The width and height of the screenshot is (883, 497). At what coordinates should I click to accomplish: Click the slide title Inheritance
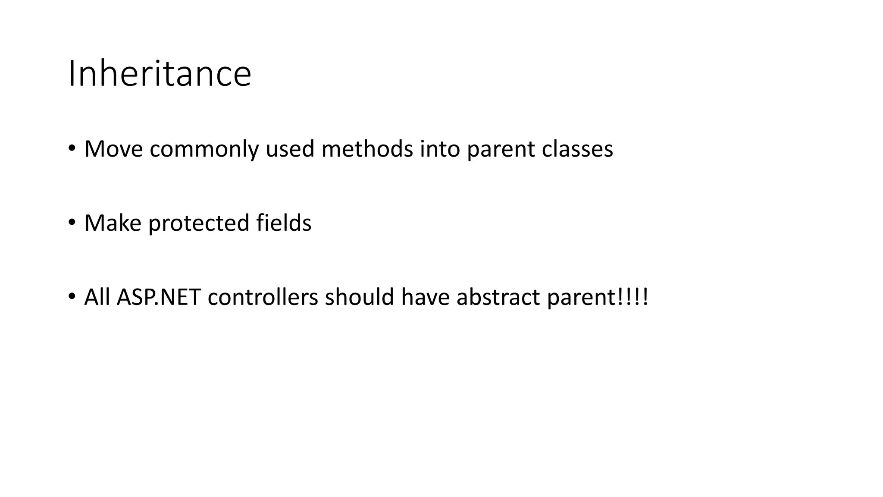[x=160, y=74]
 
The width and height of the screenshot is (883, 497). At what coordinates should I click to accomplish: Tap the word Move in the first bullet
[x=113, y=149]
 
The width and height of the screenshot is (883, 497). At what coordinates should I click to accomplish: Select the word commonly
[x=204, y=150]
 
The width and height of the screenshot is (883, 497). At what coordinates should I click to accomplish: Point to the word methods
[x=367, y=149]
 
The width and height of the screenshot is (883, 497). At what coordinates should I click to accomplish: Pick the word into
[x=440, y=149]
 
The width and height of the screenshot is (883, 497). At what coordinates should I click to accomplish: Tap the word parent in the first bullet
[x=501, y=150]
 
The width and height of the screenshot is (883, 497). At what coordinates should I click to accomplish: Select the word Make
[x=113, y=223]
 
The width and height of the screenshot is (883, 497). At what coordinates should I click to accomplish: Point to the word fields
[x=283, y=223]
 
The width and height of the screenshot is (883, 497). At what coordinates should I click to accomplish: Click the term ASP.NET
[x=159, y=297]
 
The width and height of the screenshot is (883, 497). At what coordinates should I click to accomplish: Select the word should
[x=359, y=297]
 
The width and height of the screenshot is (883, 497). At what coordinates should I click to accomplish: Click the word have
[x=425, y=297]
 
